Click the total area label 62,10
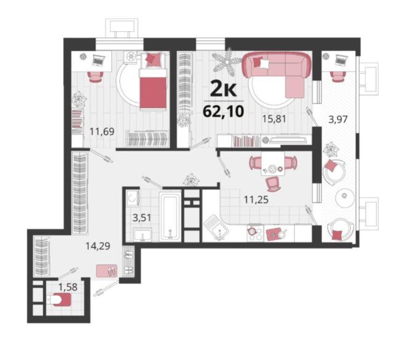coord(223,112)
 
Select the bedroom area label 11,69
coord(102,131)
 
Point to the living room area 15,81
coord(274,119)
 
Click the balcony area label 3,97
coord(338,119)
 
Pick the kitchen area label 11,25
coord(257,200)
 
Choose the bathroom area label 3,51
coord(142,217)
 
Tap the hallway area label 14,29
coord(98,246)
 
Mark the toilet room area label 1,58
coord(68,286)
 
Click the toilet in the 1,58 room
coord(58,300)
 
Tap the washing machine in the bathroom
coord(132,198)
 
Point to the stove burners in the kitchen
coord(255,232)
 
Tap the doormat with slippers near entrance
coord(107,270)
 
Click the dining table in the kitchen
coord(273,163)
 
